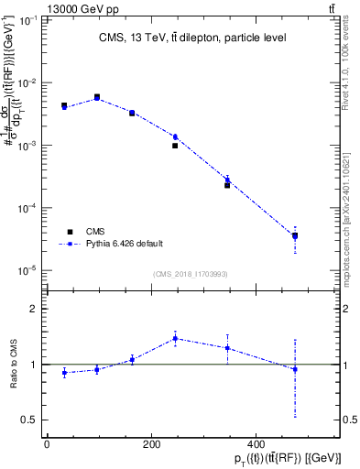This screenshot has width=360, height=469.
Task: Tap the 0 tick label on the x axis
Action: coord(46,442)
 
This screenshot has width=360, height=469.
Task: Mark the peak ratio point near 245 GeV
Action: coord(175,338)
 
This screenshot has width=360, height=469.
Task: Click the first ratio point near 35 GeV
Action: coord(64,373)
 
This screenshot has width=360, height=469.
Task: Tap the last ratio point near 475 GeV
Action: coord(295,369)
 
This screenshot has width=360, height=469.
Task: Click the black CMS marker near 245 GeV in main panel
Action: coord(175,146)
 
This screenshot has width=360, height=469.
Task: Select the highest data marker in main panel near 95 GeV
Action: coord(97,96)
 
